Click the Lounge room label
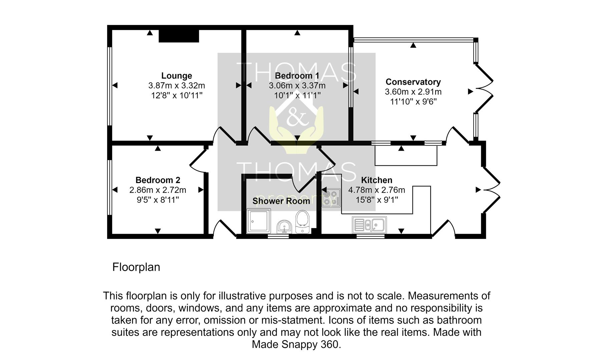tap(176, 76)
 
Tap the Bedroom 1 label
tap(297, 76)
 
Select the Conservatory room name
tap(413, 82)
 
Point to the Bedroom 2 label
tap(158, 180)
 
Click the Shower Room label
tap(281, 201)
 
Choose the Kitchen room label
tap(377, 180)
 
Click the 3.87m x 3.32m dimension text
tap(176, 86)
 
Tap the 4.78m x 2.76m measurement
tap(377, 190)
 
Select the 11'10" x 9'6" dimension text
tap(413, 102)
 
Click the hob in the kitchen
tap(331, 197)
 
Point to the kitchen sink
tap(370, 224)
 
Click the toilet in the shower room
tap(303, 221)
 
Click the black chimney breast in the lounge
tap(179, 36)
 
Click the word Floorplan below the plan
tap(136, 267)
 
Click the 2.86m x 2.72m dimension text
tap(158, 190)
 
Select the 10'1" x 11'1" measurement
tap(297, 96)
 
